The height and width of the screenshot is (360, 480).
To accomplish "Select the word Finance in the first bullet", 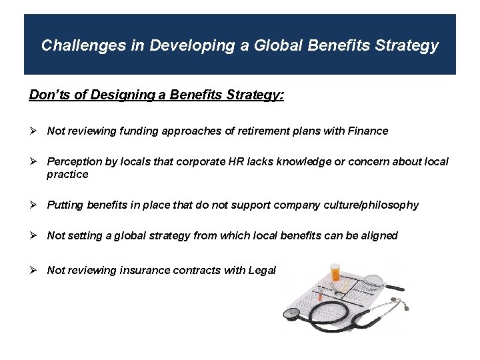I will tap(368, 131).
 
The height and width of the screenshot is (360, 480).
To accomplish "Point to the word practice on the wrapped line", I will tap(67, 174).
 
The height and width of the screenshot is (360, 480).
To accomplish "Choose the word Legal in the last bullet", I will tap(262, 270).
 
